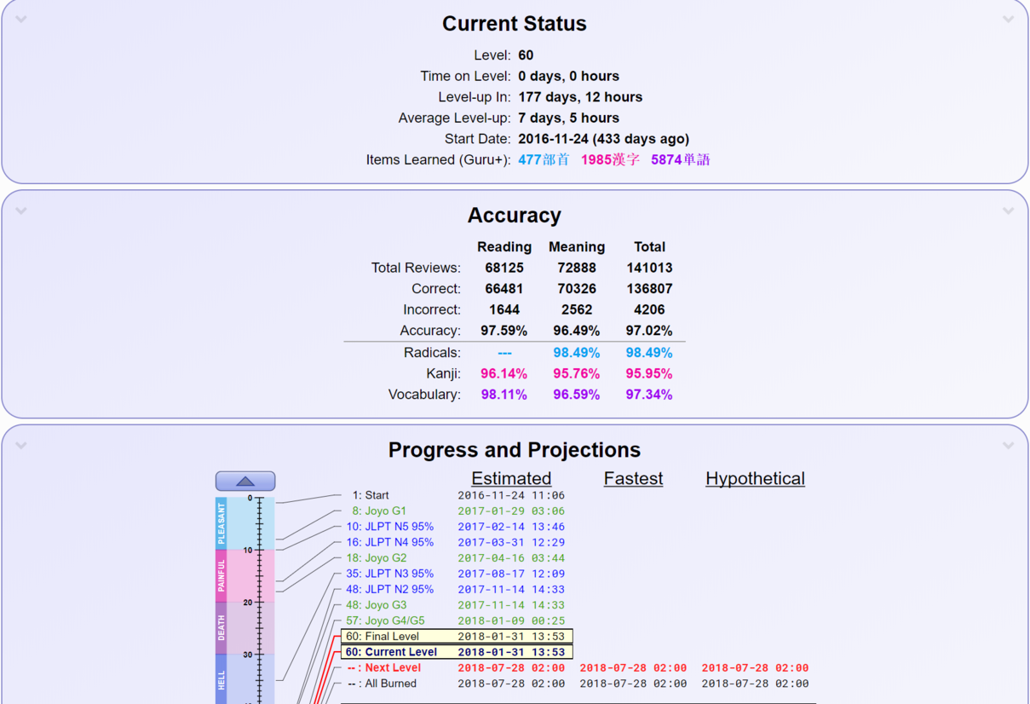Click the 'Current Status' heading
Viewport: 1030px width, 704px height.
[x=514, y=24]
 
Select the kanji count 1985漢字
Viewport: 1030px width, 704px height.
[x=610, y=159]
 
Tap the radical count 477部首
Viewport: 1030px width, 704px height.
[x=544, y=159]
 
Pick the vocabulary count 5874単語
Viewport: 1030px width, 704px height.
[x=680, y=159]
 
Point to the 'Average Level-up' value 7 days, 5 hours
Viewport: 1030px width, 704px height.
[x=568, y=118]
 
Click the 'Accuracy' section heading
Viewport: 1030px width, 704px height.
[x=514, y=216]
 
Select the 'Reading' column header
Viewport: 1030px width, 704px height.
[x=504, y=247]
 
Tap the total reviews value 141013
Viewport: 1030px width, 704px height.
[x=649, y=268]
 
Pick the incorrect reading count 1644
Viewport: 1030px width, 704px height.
[x=504, y=309]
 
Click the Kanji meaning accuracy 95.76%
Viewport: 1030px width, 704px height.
[x=576, y=373]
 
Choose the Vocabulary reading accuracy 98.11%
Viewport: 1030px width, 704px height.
[x=504, y=395]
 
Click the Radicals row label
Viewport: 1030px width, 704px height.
[x=432, y=353]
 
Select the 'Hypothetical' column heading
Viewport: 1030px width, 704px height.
[x=755, y=479]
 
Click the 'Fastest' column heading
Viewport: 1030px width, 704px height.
[x=633, y=479]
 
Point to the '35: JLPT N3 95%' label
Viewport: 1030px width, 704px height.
[x=389, y=574]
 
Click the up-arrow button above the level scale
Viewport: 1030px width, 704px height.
[x=245, y=481]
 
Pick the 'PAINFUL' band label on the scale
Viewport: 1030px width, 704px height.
[x=222, y=575]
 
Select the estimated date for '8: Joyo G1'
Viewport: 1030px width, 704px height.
[x=510, y=511]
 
